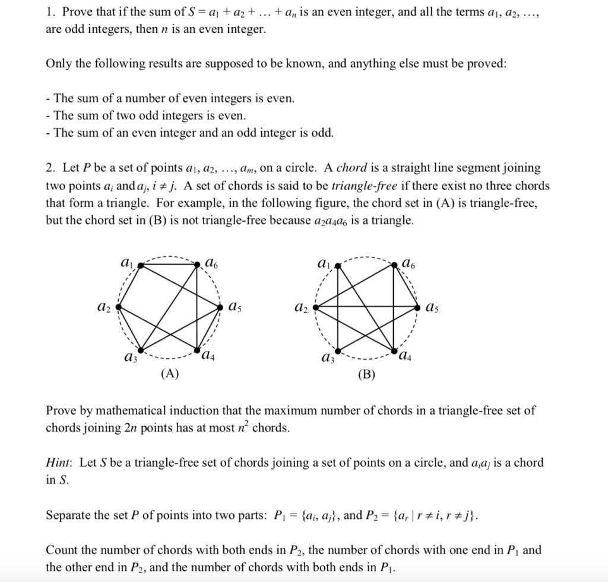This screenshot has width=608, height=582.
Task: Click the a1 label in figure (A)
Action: click(x=126, y=261)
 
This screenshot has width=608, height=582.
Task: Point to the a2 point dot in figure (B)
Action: click(x=316, y=307)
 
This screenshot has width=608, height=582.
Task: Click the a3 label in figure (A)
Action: click(x=127, y=357)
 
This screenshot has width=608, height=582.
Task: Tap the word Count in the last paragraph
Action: click(x=61, y=550)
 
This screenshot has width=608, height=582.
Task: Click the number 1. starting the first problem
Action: click(x=50, y=12)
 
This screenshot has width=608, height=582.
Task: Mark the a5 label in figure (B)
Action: click(x=432, y=307)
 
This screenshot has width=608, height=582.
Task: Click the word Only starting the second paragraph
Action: click(x=58, y=63)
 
